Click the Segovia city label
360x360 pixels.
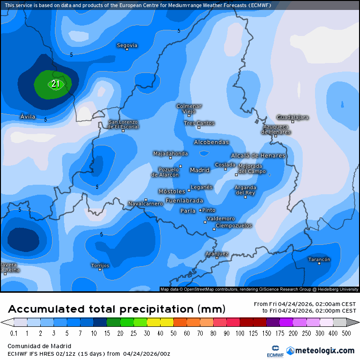coord(127,45)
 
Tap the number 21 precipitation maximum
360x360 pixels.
coord(55,84)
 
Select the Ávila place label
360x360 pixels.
coord(28,117)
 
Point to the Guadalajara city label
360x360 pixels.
coord(293,117)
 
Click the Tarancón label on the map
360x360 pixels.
coord(319,260)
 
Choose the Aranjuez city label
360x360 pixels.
coord(217,254)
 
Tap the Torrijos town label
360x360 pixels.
coord(100,266)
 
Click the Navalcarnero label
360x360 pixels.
coord(145,204)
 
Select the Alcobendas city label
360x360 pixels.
coord(211,142)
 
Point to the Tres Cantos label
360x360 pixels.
coord(199,123)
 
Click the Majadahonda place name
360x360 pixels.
coord(171,153)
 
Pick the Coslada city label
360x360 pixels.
coord(225,165)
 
